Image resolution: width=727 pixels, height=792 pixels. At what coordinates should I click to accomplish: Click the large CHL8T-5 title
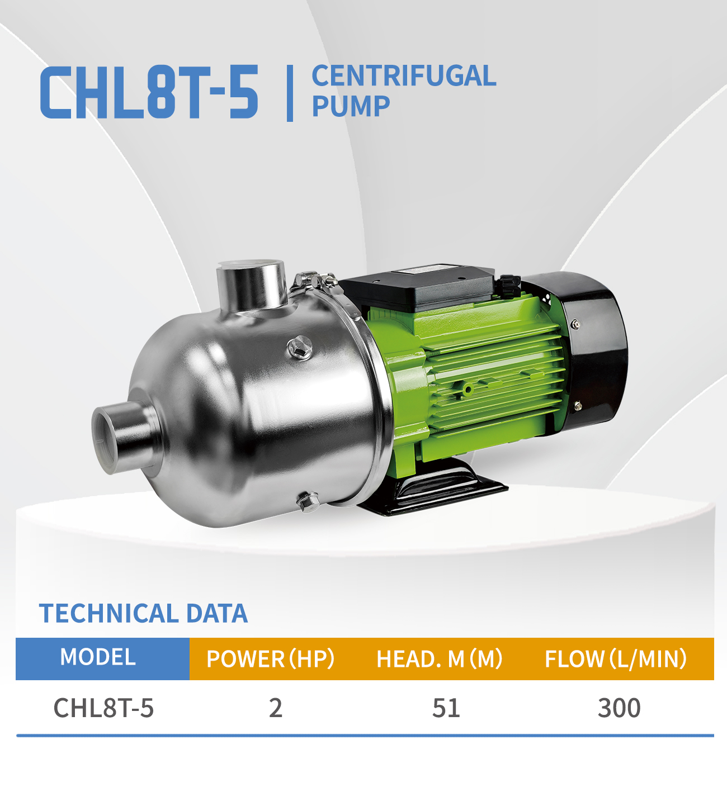click(x=149, y=92)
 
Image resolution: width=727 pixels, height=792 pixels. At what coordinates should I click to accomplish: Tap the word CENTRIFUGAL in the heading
click(x=403, y=76)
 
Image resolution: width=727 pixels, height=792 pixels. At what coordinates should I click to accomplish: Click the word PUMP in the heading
click(x=351, y=106)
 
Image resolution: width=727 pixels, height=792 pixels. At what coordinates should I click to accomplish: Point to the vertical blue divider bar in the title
click(x=289, y=93)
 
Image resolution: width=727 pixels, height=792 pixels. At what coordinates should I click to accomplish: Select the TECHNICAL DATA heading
click(x=143, y=613)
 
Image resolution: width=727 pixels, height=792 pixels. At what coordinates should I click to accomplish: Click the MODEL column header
click(x=98, y=657)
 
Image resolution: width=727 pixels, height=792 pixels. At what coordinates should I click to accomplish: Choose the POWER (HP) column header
click(x=270, y=659)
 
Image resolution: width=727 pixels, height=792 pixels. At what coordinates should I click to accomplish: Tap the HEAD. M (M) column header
click(x=440, y=659)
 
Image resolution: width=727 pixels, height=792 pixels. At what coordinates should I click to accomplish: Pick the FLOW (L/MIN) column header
click(x=616, y=659)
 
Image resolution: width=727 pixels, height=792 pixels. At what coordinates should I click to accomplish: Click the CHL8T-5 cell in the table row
click(x=103, y=708)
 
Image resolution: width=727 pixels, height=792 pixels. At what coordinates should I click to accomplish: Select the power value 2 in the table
click(x=275, y=708)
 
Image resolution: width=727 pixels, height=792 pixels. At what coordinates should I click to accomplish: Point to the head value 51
click(x=446, y=708)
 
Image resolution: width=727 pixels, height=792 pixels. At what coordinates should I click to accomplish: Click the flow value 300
click(x=619, y=708)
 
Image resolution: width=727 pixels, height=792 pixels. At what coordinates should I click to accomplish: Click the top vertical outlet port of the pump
click(x=252, y=285)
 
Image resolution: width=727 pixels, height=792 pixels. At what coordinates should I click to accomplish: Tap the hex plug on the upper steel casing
click(x=300, y=348)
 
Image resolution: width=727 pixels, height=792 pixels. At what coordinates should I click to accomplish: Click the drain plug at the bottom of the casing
click(x=307, y=500)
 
